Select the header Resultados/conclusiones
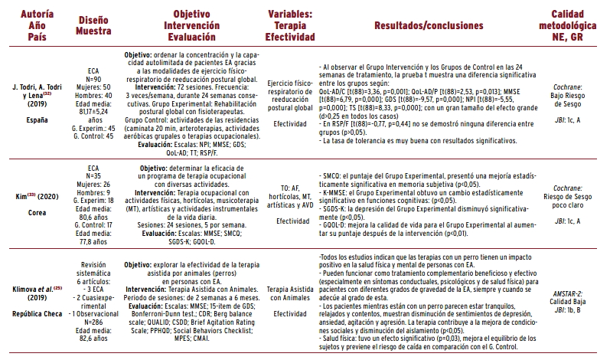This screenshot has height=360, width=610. [x=429, y=25]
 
